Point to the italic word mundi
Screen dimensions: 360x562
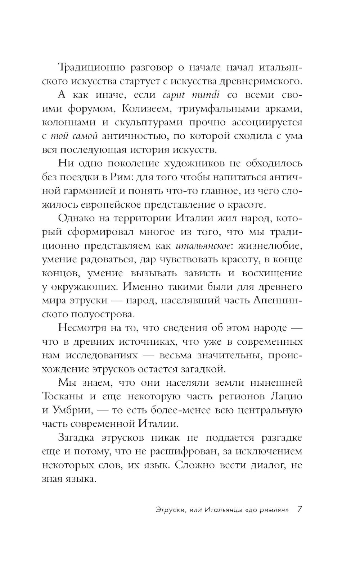(x=206, y=95)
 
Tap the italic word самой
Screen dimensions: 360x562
(x=86, y=136)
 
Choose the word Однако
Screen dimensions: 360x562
(x=77, y=219)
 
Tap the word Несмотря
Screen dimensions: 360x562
(x=82, y=328)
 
